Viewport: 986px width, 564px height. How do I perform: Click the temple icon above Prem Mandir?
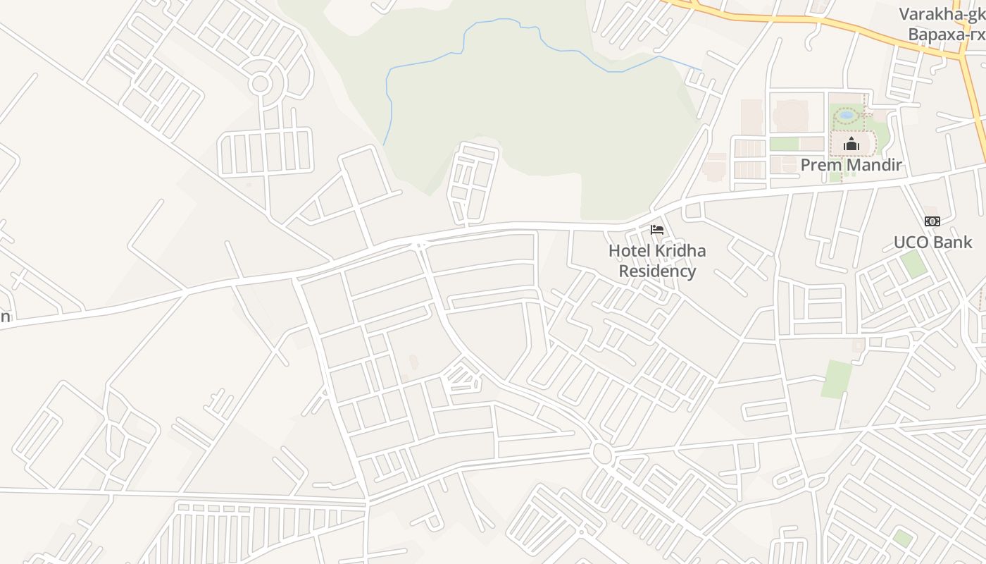[851, 145]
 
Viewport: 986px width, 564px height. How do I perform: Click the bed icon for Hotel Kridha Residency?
[656, 230]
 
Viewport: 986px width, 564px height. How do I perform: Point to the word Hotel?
[630, 251]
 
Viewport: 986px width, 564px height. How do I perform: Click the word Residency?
[657, 271]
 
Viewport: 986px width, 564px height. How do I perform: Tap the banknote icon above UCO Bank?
[932, 221]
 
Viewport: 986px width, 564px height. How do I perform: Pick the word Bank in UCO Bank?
[954, 243]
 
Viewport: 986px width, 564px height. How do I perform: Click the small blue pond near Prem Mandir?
[847, 114]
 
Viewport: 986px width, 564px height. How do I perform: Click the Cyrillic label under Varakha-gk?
[946, 35]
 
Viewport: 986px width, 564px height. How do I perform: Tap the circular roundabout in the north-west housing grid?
[260, 84]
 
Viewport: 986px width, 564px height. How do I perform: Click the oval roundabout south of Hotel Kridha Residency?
[601, 453]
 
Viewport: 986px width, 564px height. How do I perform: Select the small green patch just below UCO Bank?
[913, 264]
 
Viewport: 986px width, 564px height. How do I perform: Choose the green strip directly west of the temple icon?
[784, 144]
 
